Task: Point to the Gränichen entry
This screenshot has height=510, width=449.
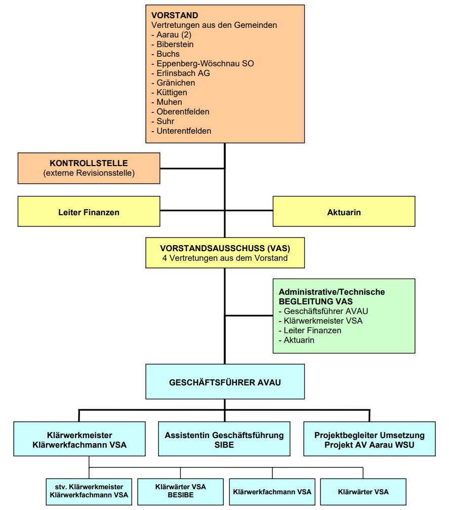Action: [176, 83]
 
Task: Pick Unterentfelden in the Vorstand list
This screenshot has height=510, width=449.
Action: [184, 131]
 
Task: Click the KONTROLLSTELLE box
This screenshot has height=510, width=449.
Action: [89, 168]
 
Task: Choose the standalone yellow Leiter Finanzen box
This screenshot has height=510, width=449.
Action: [89, 212]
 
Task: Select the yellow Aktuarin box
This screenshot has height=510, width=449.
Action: [344, 212]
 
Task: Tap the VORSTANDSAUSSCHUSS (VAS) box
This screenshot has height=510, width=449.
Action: [225, 253]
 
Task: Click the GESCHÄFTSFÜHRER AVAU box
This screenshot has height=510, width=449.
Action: [225, 382]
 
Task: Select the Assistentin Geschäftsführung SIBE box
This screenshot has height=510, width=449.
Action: [224, 440]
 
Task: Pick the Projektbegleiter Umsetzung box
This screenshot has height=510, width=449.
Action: [369, 440]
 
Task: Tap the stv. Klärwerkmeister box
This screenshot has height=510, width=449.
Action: [89, 491]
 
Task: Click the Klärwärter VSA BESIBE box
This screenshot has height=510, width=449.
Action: [180, 491]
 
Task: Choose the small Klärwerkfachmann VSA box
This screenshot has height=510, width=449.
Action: [272, 491]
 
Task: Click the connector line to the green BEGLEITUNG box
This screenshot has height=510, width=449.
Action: [249, 316]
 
